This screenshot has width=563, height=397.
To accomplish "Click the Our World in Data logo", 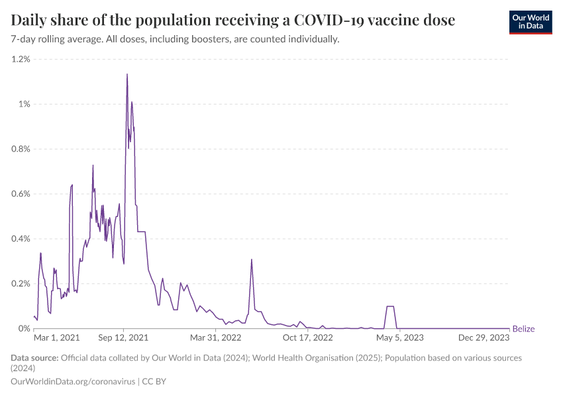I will click(530, 22).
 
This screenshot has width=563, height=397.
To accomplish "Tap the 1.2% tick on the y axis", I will click(21, 59).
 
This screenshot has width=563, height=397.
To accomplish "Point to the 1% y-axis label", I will click(25, 104).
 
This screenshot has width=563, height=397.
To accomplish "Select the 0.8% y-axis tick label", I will click(21, 149).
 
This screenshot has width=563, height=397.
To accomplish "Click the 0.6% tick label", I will click(21, 194).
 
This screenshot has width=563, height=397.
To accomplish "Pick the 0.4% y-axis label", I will click(21, 239).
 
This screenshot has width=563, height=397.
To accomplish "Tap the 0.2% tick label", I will click(21, 284).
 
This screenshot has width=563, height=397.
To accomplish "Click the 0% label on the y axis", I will click(25, 329).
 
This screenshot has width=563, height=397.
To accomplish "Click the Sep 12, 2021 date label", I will click(124, 338).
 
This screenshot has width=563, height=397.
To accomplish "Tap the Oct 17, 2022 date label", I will click(307, 338).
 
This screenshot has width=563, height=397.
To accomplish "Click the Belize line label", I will click(523, 329).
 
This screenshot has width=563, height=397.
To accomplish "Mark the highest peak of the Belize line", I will click(127, 74).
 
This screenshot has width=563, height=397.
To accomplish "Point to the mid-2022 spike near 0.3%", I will click(252, 259).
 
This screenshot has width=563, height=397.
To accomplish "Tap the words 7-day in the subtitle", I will click(25, 39).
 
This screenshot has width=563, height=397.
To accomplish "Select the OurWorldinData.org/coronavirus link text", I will click(73, 382).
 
